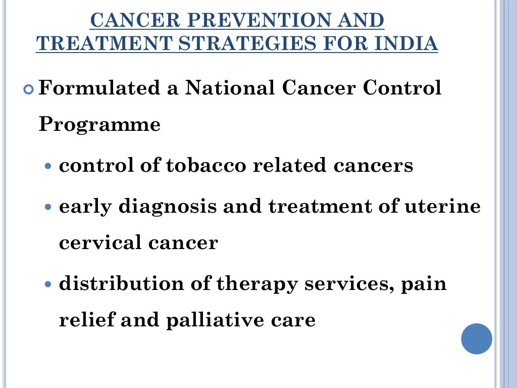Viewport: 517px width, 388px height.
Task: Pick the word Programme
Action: (x=99, y=124)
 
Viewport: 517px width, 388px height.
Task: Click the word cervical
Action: (x=99, y=243)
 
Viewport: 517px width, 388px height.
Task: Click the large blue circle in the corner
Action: (x=477, y=338)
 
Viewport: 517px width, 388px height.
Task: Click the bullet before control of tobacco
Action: (x=48, y=166)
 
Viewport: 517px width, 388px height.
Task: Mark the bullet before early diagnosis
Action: (x=48, y=207)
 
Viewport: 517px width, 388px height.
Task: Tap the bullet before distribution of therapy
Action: (x=48, y=284)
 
